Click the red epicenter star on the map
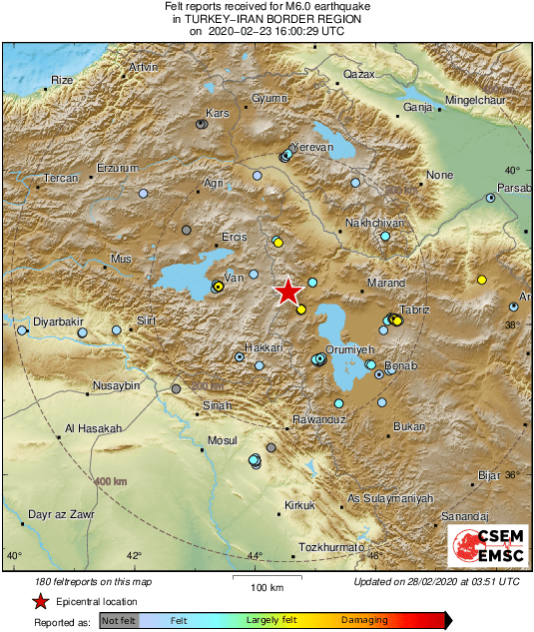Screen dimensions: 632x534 tap(287, 291)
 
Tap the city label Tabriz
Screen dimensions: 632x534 tap(413, 310)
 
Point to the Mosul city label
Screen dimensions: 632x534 tap(221, 440)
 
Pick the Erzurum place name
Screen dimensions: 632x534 tap(118, 168)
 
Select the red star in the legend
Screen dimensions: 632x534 tap(40, 601)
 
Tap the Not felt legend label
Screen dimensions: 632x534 tap(120, 620)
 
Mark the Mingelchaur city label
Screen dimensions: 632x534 tap(475, 102)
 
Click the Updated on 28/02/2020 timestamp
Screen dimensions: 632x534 tap(436, 580)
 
